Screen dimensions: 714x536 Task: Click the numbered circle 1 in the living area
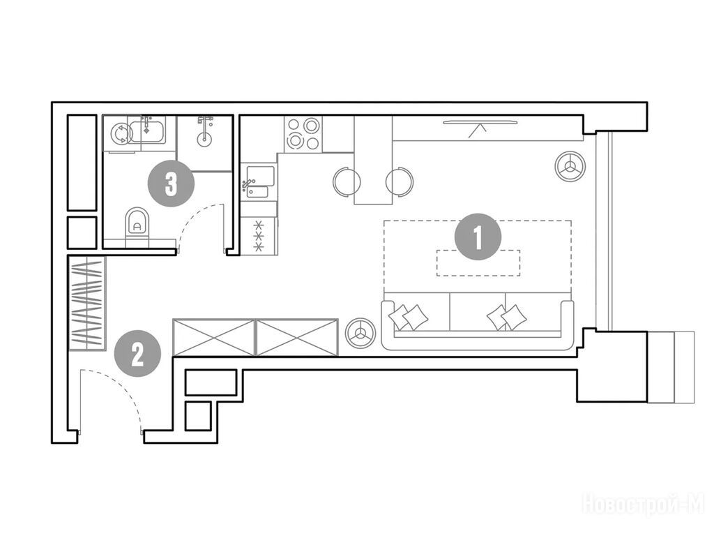pos(478,237)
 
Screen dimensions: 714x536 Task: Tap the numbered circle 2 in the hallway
pos(137,354)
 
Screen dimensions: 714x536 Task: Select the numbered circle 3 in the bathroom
pos(172,184)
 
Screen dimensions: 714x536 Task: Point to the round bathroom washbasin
pos(206,138)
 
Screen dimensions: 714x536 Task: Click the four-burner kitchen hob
pos(303,134)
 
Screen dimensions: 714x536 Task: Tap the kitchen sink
pos(259,182)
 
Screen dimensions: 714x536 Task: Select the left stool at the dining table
pos(347,181)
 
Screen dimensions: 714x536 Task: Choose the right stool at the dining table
pos(400,181)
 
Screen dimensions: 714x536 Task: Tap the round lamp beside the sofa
pos(360,332)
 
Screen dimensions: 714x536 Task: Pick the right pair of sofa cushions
pos(507,317)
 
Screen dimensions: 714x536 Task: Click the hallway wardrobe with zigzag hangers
pos(87,304)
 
